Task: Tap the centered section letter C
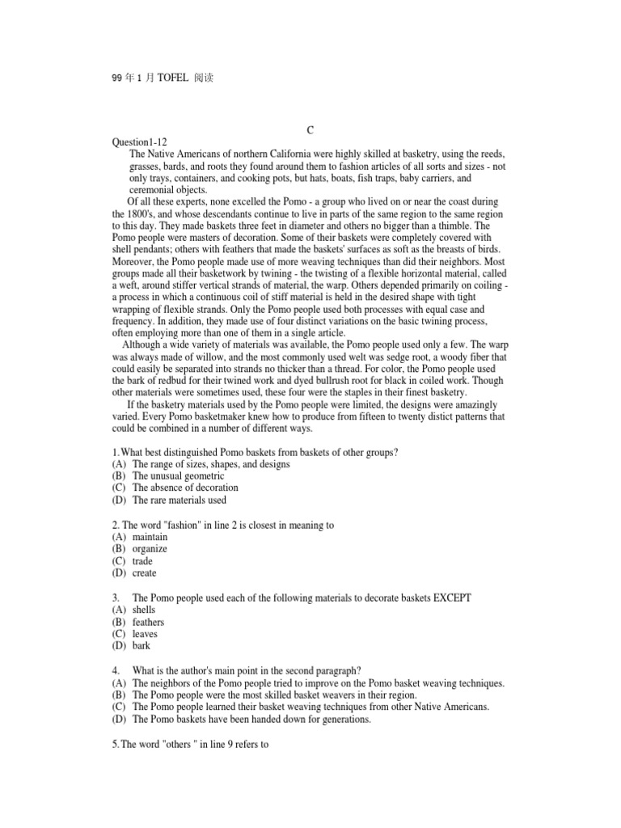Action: [310, 130]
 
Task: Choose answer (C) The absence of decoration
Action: [184, 488]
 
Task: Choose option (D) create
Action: [143, 573]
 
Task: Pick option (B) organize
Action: [149, 549]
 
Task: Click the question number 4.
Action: [116, 670]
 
